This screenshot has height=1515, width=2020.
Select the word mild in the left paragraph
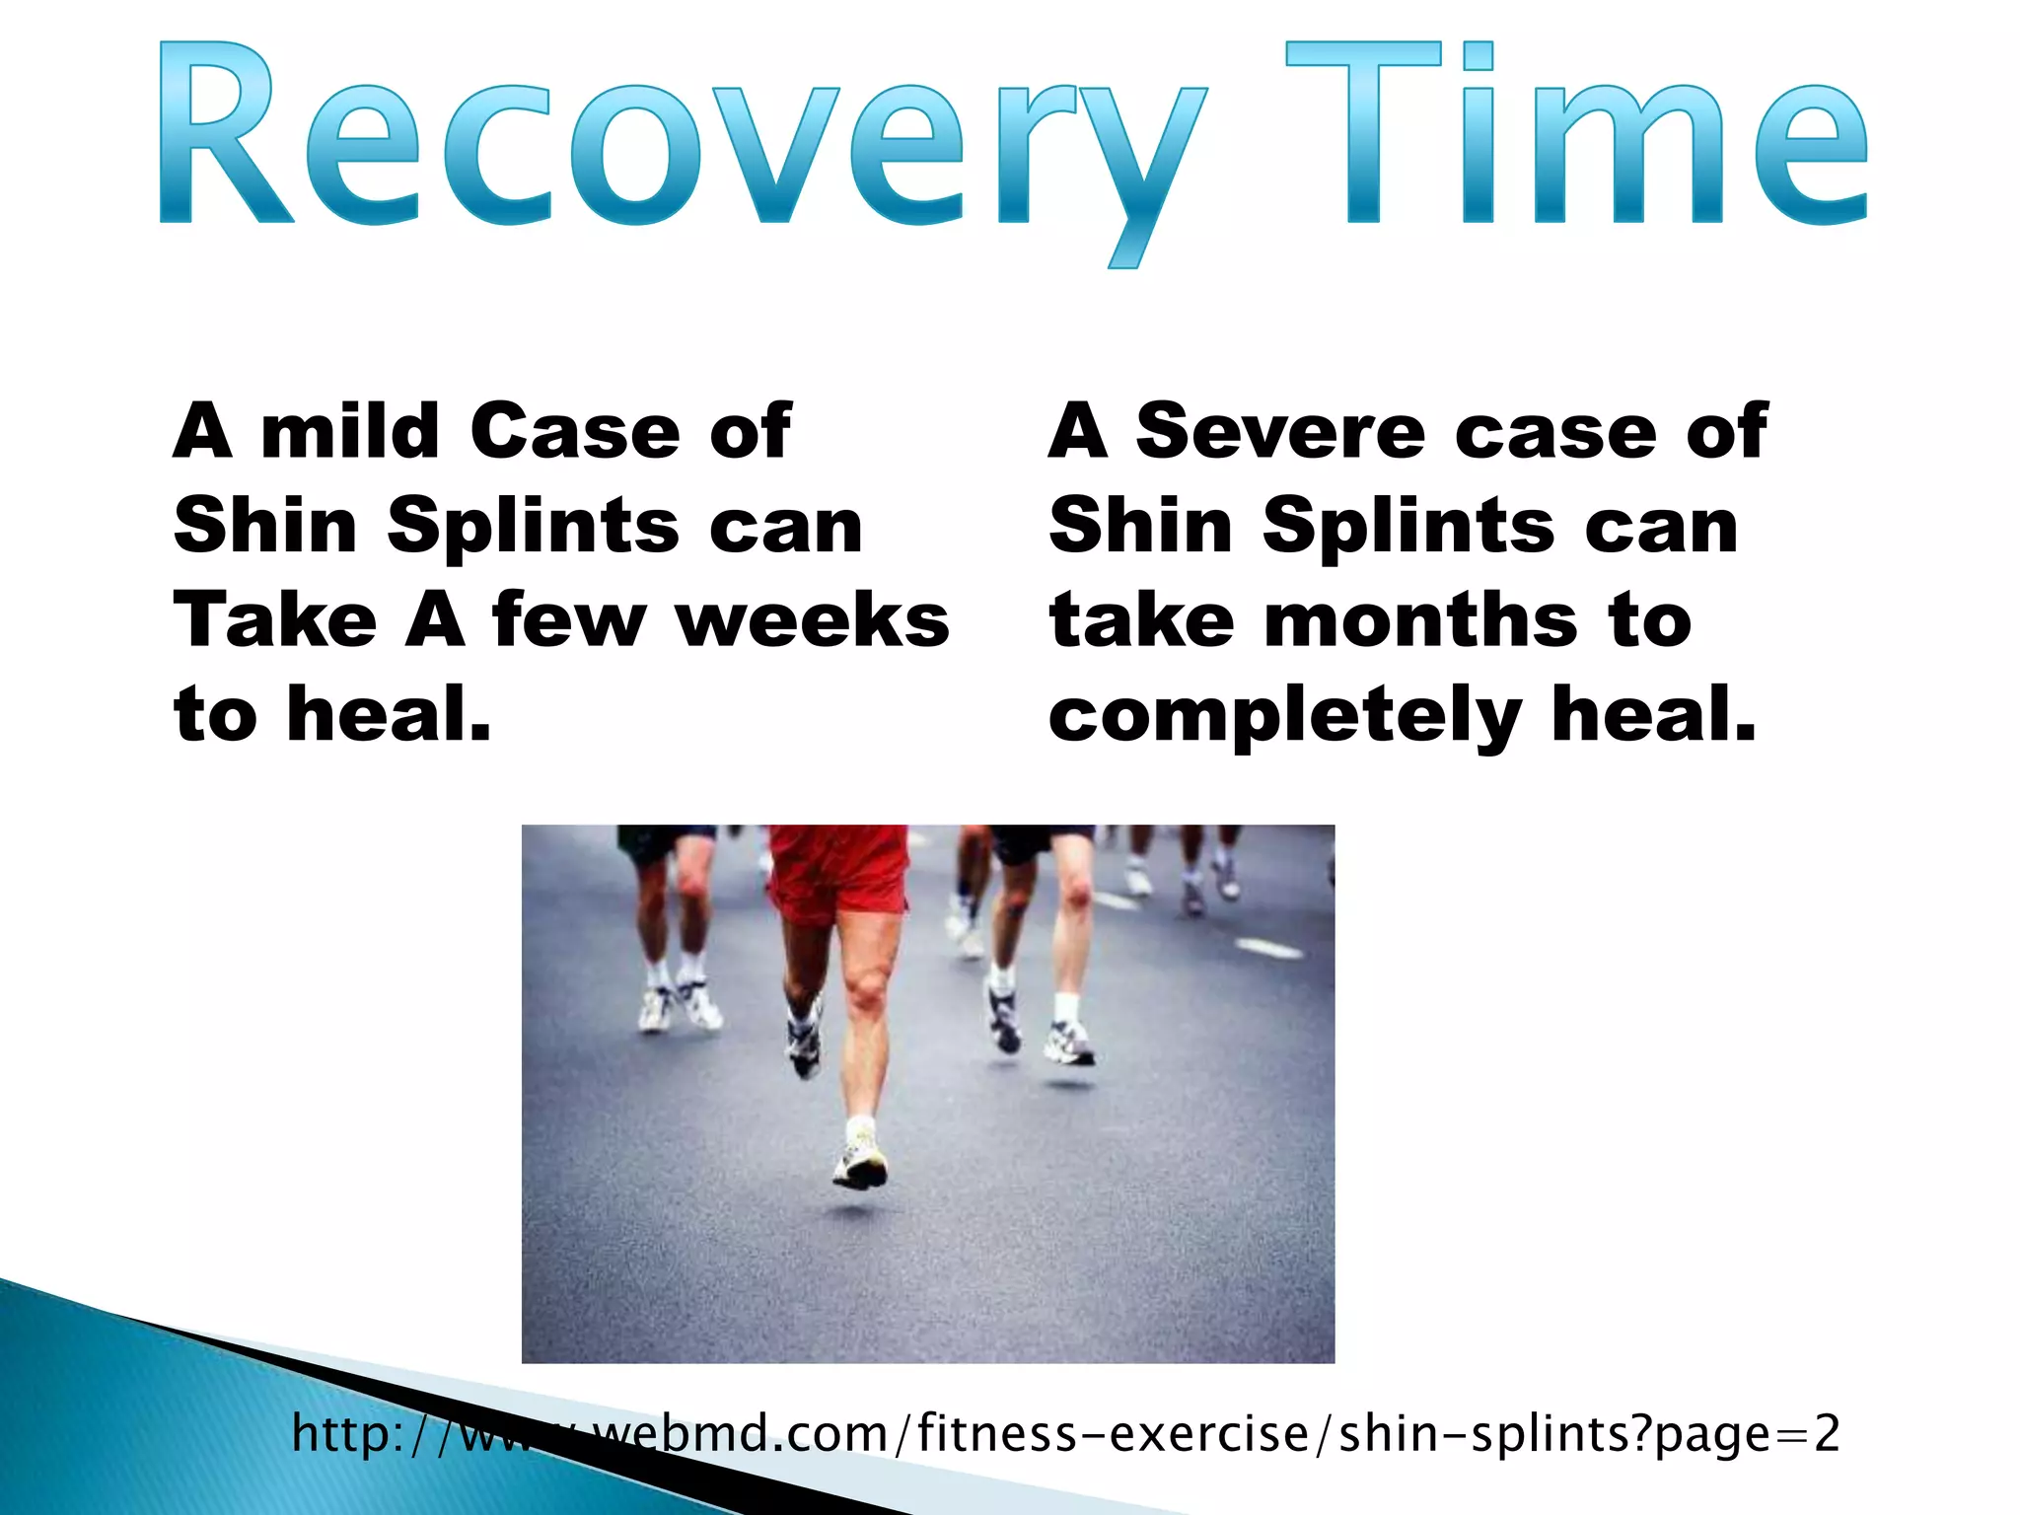349,432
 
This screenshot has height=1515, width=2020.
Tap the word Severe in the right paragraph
1280,432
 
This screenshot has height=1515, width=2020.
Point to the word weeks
812,621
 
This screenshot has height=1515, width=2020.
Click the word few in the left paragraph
568,621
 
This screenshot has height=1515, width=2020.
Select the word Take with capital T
275,621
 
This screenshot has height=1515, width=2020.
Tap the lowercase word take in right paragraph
1141,621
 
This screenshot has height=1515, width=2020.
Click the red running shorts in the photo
837,873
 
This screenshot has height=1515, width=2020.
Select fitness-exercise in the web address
1112,1434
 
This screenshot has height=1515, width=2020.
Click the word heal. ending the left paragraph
389,715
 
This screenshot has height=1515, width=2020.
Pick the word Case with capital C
575,432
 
